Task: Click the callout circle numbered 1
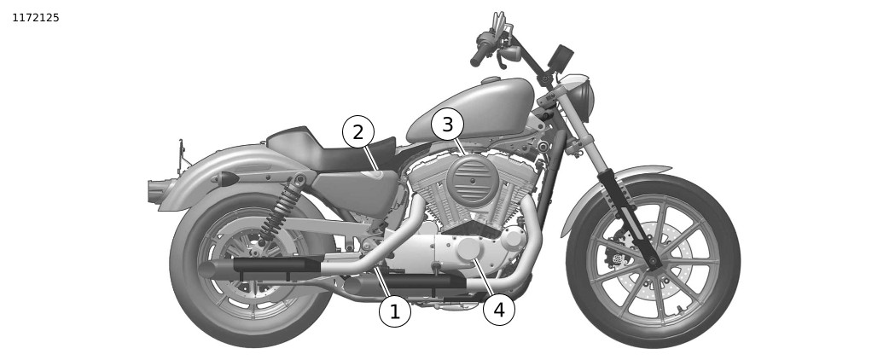pyautogui.click(x=395, y=311)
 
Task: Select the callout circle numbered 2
pyautogui.click(x=357, y=132)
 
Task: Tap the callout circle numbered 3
pyautogui.click(x=447, y=124)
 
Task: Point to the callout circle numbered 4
pyautogui.click(x=499, y=311)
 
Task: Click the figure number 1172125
pyautogui.click(x=35, y=18)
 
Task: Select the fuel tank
pyautogui.click(x=471, y=111)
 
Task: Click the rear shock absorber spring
pyautogui.click(x=280, y=209)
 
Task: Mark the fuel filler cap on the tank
pyautogui.click(x=490, y=80)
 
